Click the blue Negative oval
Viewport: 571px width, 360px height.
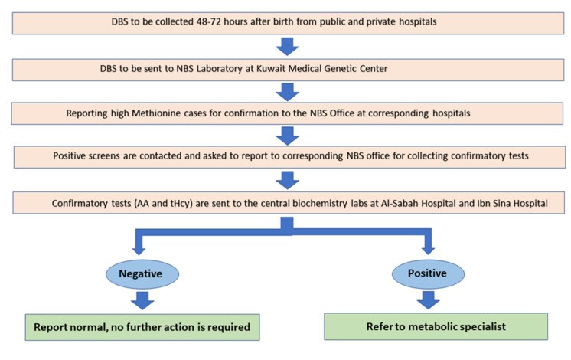click(142, 274)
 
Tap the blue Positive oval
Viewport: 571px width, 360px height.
click(429, 273)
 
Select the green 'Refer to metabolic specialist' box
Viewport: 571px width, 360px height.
click(436, 326)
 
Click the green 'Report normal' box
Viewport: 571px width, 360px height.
click(142, 327)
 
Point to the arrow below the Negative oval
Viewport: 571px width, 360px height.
click(142, 300)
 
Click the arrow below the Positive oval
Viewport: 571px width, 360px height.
click(429, 300)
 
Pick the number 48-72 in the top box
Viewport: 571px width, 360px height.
click(209, 21)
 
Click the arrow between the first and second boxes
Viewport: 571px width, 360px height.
click(287, 46)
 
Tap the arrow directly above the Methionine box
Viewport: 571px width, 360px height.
click(287, 92)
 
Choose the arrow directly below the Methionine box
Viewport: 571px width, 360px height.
click(287, 136)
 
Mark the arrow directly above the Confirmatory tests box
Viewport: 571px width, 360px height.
click(287, 180)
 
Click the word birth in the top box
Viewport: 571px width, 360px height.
click(283, 21)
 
